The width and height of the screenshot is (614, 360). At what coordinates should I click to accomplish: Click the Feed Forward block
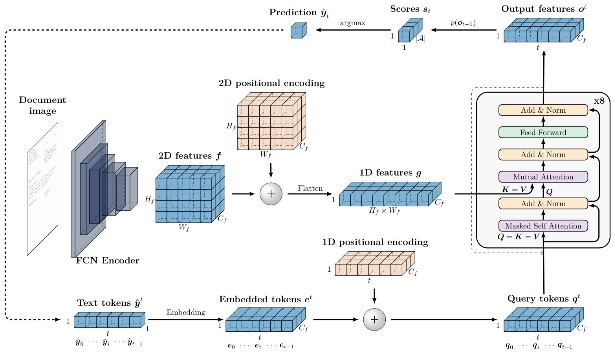tap(543, 132)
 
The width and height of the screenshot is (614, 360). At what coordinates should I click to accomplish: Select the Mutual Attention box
tap(543, 177)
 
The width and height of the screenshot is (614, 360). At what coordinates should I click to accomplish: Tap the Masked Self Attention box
tap(543, 226)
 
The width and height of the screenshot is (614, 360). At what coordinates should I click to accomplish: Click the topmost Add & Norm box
tap(543, 110)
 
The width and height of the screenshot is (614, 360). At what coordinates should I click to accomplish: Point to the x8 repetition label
tap(599, 101)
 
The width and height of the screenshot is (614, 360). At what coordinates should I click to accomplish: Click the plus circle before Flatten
tap(271, 194)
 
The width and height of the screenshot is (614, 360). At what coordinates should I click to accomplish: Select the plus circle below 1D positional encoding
tap(374, 320)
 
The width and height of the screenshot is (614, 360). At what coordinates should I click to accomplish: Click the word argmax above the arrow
tap(352, 23)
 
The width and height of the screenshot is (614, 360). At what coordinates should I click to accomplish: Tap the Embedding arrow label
tap(186, 312)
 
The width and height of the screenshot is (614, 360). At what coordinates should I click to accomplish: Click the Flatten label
tap(310, 188)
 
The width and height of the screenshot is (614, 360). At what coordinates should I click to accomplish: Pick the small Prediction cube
tap(298, 31)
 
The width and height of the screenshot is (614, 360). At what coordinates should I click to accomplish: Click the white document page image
tap(42, 188)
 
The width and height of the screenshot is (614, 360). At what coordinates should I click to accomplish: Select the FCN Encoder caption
tap(107, 261)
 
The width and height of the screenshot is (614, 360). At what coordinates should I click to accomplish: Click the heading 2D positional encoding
tap(271, 83)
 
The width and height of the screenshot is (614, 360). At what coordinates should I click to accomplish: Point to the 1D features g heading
tap(390, 173)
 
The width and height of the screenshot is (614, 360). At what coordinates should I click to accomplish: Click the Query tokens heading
tap(544, 299)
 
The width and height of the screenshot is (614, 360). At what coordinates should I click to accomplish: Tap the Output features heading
tap(544, 9)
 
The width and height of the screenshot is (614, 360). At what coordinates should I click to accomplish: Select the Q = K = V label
tap(518, 237)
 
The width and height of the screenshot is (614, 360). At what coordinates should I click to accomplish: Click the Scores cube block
tap(410, 31)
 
